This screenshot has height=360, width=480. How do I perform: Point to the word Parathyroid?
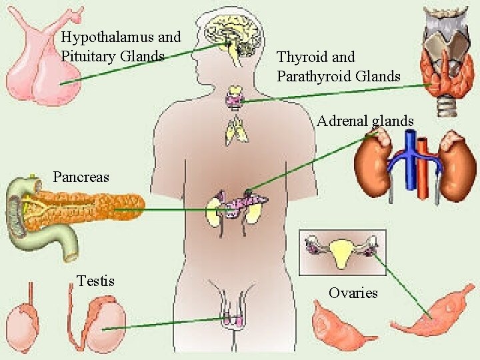(313, 76)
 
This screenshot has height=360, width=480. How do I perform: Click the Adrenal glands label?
(365, 121)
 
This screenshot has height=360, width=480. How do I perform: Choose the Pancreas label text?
(81, 177)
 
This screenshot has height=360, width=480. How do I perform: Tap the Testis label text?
(96, 281)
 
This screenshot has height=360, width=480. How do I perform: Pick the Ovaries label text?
(353, 293)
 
